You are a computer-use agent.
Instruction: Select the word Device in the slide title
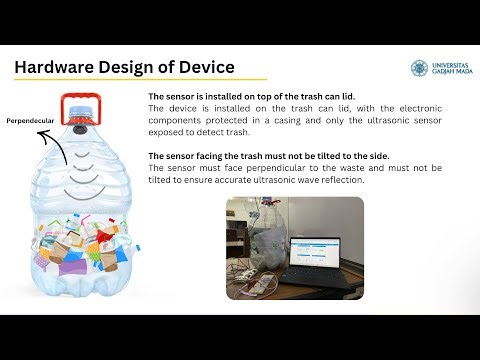click(204, 67)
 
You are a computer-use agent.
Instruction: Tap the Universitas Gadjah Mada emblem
click(419, 68)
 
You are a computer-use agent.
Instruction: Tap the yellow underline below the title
click(140, 80)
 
